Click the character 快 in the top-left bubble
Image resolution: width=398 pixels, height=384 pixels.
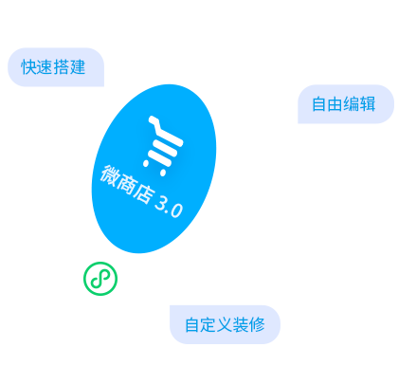pyautogui.click(x=29, y=67)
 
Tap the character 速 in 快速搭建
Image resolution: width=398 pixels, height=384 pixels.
pyautogui.click(x=45, y=67)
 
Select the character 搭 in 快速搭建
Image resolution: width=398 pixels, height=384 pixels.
pyautogui.click(x=62, y=67)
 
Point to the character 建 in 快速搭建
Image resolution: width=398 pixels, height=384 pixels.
pyautogui.click(x=78, y=67)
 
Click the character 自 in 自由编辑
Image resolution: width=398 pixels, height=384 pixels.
pyautogui.click(x=319, y=104)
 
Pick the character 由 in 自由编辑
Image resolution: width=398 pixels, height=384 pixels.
pyautogui.click(x=335, y=104)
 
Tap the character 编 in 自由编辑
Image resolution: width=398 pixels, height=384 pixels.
pyautogui.click(x=352, y=104)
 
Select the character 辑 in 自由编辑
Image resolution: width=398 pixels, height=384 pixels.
pyautogui.click(x=368, y=104)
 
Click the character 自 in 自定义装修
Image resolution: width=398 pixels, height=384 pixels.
pyautogui.click(x=192, y=324)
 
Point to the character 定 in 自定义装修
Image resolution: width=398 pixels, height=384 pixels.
pyautogui.click(x=208, y=324)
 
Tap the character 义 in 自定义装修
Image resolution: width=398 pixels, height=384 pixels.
pyautogui.click(x=225, y=324)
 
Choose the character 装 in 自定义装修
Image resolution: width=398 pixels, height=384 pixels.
pyautogui.click(x=241, y=324)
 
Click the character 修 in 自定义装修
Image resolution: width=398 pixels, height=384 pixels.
pyautogui.click(x=257, y=324)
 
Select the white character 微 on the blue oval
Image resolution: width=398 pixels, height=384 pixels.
pyautogui.click(x=110, y=176)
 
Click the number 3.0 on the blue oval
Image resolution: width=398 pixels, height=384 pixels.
pyautogui.click(x=169, y=208)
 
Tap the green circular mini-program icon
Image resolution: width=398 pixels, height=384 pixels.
pyautogui.click(x=100, y=279)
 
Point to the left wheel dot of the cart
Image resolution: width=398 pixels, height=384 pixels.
pyautogui.click(x=146, y=163)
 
